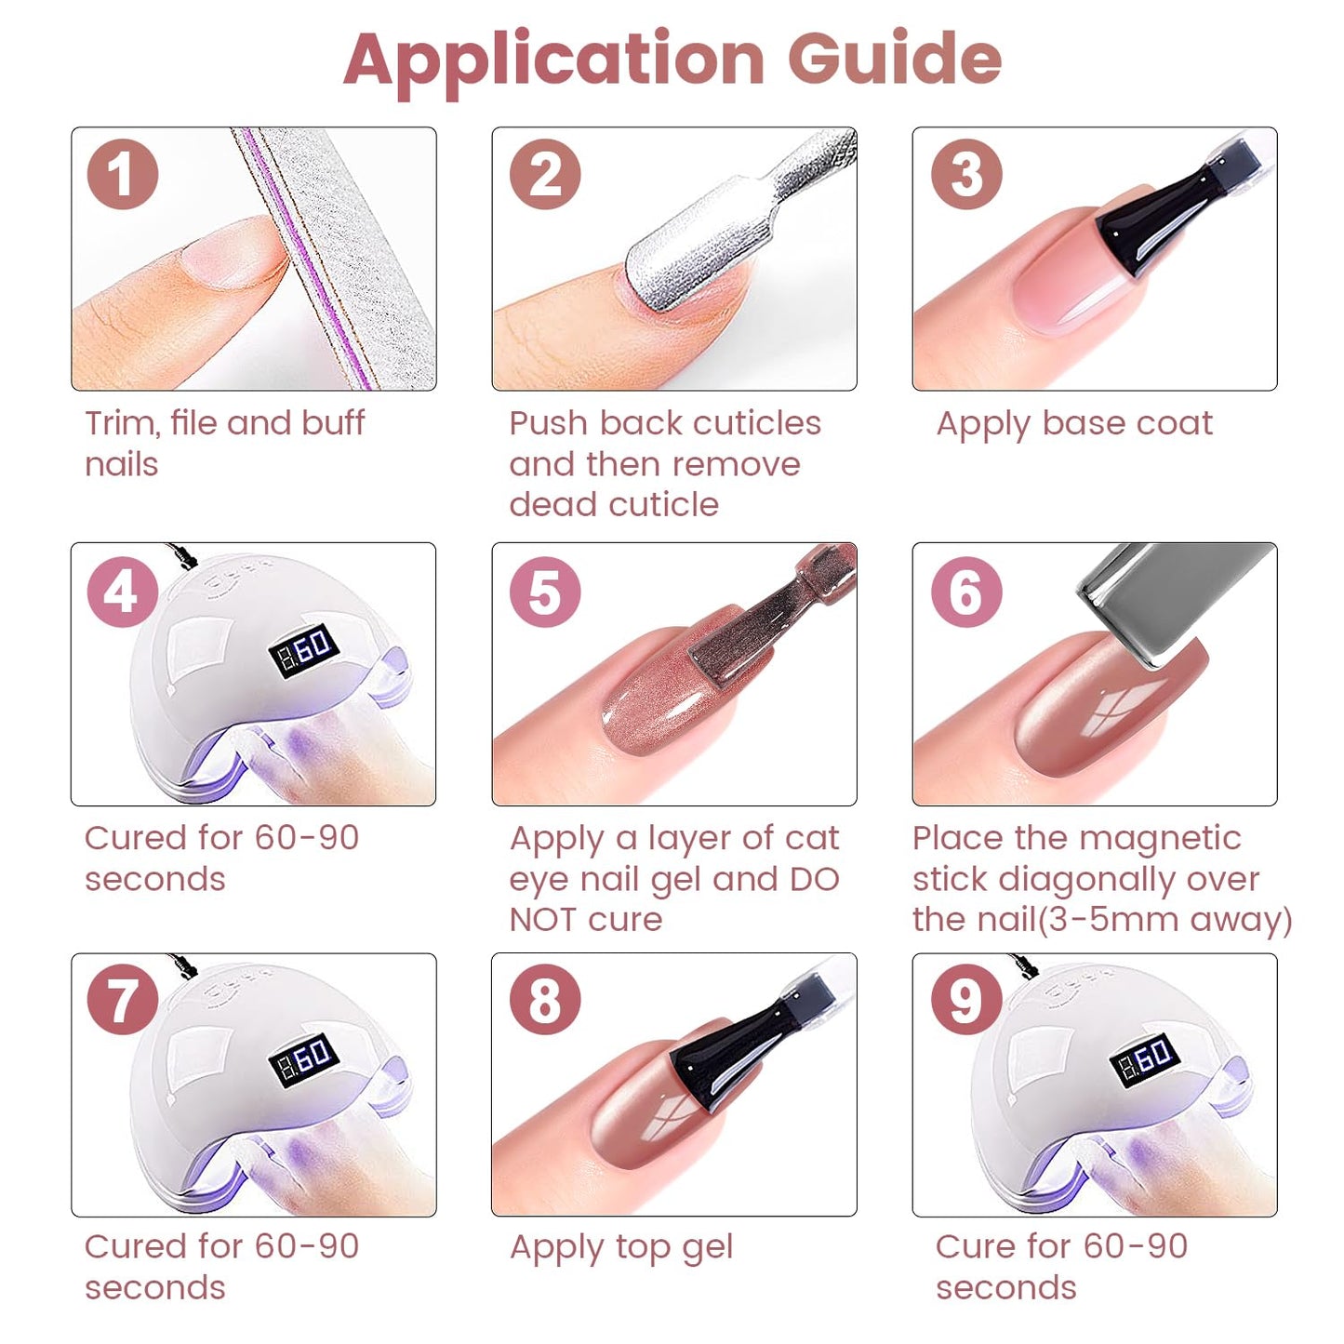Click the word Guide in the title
(895, 59)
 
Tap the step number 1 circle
(122, 174)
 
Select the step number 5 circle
(545, 592)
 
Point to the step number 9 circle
(966, 1000)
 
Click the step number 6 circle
(966, 592)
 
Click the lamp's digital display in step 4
(304, 651)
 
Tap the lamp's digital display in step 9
(1145, 1060)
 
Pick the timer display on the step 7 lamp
(304, 1060)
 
